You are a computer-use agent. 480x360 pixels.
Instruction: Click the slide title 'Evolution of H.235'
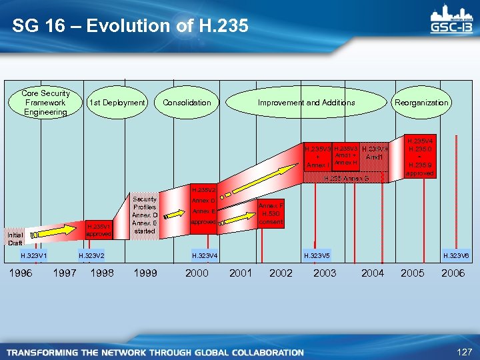(x=130, y=26)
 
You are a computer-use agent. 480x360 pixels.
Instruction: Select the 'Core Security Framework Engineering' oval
(x=45, y=103)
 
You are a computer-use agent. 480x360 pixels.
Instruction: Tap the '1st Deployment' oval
(x=117, y=103)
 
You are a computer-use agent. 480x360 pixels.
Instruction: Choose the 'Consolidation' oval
(x=187, y=103)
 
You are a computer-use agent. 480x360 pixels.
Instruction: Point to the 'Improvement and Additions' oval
(x=307, y=103)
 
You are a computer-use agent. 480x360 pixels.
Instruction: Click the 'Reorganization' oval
(x=421, y=103)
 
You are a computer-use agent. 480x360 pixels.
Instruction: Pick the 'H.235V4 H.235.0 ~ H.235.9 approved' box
(x=421, y=157)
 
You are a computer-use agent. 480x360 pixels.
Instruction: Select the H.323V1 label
(x=34, y=255)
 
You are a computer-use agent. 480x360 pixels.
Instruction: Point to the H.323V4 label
(x=205, y=255)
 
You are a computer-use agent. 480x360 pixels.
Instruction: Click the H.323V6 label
(x=457, y=255)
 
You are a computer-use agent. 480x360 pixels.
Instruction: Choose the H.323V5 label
(x=317, y=255)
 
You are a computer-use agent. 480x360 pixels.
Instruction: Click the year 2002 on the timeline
(x=281, y=273)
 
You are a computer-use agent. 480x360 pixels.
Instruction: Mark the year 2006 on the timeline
(x=453, y=273)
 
